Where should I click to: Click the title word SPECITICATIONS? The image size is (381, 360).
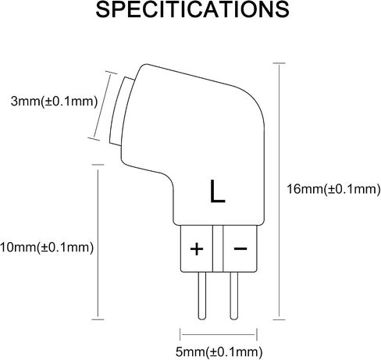(192, 9)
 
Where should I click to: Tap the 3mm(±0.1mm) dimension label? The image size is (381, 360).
(54, 101)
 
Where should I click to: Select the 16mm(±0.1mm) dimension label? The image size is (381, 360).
(333, 189)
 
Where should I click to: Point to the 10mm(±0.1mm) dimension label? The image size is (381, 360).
(47, 248)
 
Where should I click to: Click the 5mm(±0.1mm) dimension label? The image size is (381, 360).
(219, 352)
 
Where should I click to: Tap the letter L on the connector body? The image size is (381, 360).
(217, 191)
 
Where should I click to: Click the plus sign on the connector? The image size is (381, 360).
(197, 249)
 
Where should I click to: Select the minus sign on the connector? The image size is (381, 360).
(240, 248)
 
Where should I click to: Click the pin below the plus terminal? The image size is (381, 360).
(202, 296)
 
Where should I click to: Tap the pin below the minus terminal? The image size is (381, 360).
(234, 296)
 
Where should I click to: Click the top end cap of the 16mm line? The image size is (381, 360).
(279, 63)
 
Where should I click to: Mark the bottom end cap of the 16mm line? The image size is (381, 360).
(279, 319)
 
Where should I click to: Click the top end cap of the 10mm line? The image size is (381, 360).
(98, 165)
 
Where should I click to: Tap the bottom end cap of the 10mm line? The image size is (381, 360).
(98, 319)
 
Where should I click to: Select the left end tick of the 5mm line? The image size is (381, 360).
(180, 334)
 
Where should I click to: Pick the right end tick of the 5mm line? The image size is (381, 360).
(257, 334)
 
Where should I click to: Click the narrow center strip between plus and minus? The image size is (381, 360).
(218, 248)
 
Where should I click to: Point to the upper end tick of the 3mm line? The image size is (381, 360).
(111, 73)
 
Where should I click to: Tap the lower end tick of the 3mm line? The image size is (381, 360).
(94, 139)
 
